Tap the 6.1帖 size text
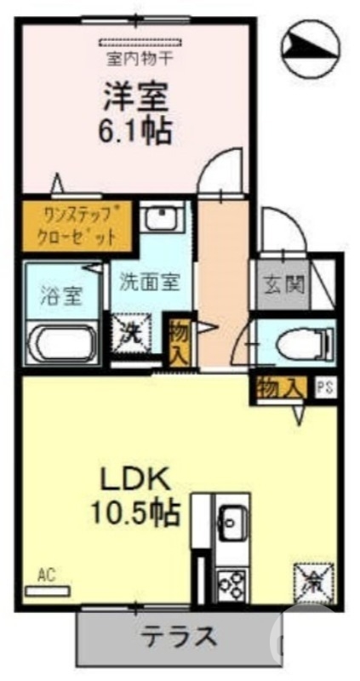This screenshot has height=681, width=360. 135,130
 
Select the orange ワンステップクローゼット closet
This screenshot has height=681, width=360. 77,225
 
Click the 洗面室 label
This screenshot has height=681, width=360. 149,281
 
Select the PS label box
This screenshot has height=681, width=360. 325,388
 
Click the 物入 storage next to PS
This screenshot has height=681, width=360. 278,388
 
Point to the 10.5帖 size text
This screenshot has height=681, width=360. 135,512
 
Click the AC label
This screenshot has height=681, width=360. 46,575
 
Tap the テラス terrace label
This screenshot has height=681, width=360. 180,637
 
